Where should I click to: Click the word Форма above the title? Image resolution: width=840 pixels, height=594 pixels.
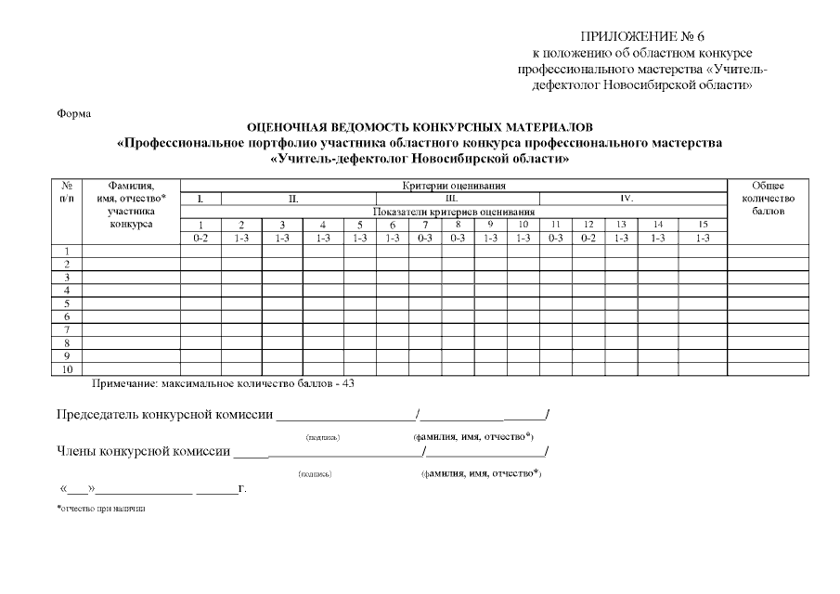click(74, 114)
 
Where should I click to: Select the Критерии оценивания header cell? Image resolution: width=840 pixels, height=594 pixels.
click(454, 186)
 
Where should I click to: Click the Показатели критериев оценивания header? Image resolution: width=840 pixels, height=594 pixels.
click(454, 212)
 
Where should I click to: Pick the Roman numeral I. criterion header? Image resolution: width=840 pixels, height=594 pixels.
click(200, 199)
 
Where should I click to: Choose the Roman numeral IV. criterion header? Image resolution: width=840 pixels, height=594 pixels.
click(627, 199)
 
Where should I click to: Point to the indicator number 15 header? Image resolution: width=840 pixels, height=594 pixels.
click(703, 225)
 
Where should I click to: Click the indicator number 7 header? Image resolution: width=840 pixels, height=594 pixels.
click(424, 225)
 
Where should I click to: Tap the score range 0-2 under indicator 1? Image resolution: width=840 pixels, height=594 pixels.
click(200, 238)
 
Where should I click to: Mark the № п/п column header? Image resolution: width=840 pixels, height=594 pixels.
click(67, 192)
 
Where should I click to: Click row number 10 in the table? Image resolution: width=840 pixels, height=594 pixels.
click(67, 369)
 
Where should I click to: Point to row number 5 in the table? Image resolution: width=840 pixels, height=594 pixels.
click(67, 303)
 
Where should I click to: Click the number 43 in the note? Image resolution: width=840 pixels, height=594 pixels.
click(348, 382)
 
